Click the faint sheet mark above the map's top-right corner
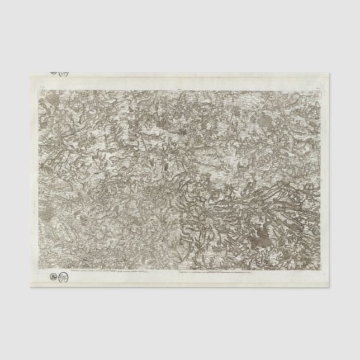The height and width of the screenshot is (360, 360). tap(319, 86)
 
